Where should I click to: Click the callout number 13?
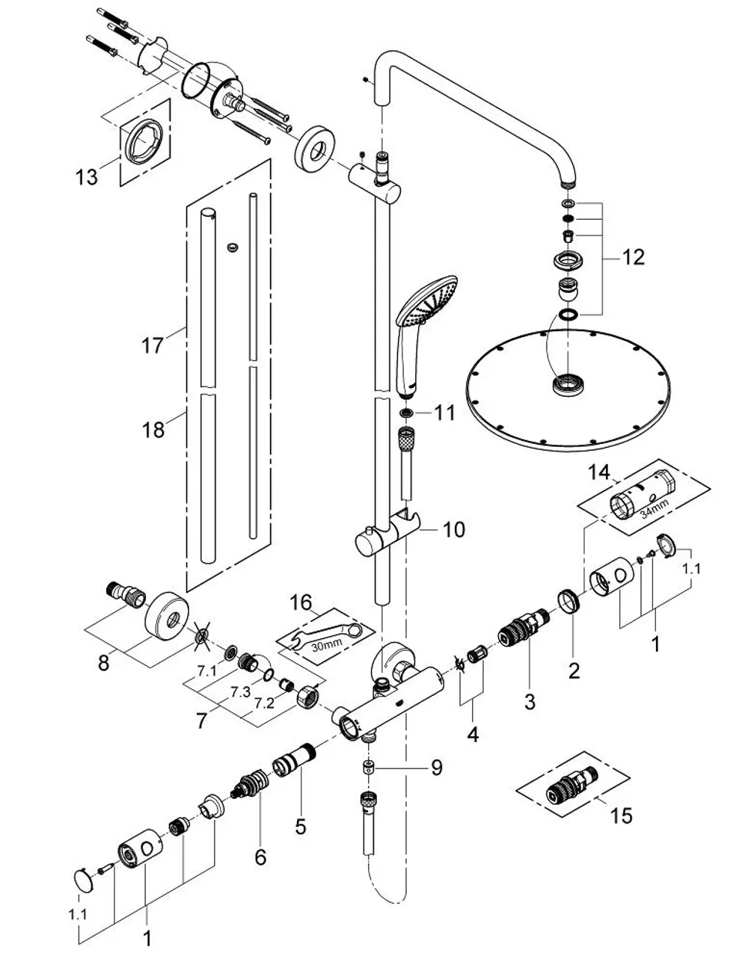(86, 177)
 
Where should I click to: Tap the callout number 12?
(634, 257)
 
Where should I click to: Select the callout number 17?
(153, 345)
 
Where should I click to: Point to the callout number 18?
(153, 430)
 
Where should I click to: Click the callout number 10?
(453, 530)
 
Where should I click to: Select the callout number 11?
(444, 413)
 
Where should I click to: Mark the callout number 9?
(437, 768)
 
